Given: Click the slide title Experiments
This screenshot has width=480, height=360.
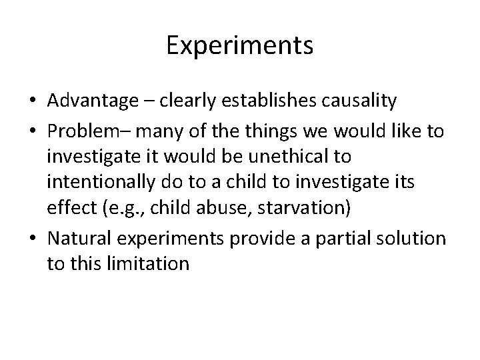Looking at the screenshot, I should pos(240,46).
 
